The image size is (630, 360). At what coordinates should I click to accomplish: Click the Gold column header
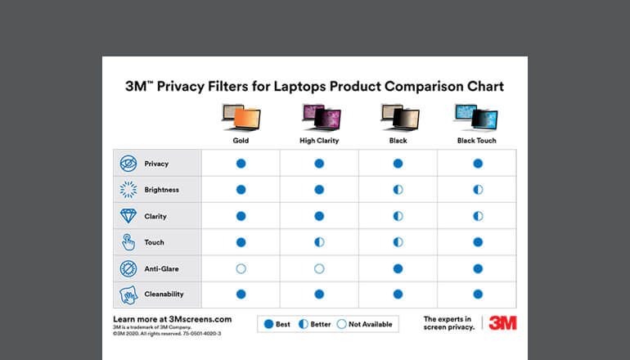tap(240, 141)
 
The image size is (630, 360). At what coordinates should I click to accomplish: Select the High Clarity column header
tap(318, 141)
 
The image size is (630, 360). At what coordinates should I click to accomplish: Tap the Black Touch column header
tap(476, 141)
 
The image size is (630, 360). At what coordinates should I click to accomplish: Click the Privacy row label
tap(156, 164)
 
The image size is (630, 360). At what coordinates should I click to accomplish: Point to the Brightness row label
tap(161, 190)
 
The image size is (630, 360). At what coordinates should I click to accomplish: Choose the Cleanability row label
tap(164, 294)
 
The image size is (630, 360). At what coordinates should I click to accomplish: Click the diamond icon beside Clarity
tap(128, 216)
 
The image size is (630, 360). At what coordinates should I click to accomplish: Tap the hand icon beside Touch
tap(128, 242)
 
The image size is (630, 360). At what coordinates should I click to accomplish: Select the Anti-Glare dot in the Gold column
tap(241, 268)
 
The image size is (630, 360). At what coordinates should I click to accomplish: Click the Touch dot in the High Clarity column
tap(319, 242)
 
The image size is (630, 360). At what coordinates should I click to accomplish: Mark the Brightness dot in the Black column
tap(398, 190)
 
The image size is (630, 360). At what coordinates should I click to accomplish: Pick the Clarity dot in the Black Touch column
tap(478, 216)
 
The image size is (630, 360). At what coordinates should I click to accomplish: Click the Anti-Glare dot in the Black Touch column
tap(478, 268)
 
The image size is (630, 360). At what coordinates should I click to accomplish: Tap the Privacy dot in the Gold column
tap(241, 164)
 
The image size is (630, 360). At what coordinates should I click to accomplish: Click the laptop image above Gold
tap(241, 117)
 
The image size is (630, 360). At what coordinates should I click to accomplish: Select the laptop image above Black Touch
tap(476, 117)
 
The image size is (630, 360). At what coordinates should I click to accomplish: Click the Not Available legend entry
tap(365, 324)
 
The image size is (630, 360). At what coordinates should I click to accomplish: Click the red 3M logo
tap(502, 322)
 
